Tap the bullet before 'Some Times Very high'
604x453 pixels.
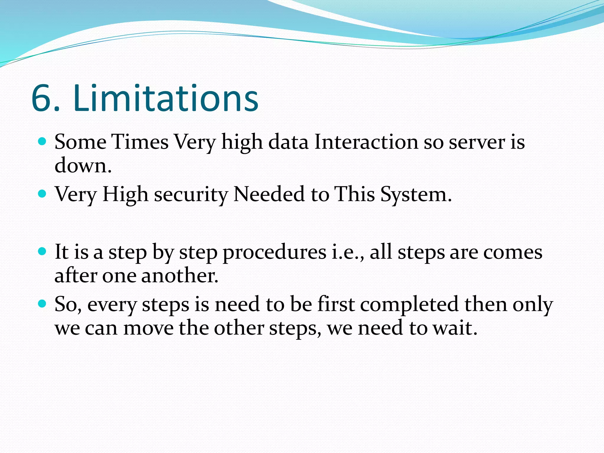pyautogui.click(x=42, y=142)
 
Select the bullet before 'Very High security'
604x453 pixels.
pyautogui.click(x=42, y=194)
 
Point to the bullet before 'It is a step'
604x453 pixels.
pyautogui.click(x=42, y=252)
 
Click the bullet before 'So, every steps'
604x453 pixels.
pyautogui.click(x=42, y=303)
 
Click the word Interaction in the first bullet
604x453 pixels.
pyautogui.click(x=366, y=142)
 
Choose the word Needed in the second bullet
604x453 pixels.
pyautogui.click(x=269, y=194)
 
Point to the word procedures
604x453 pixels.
pyautogui.click(x=274, y=253)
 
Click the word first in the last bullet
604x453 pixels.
pyautogui.click(x=336, y=304)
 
